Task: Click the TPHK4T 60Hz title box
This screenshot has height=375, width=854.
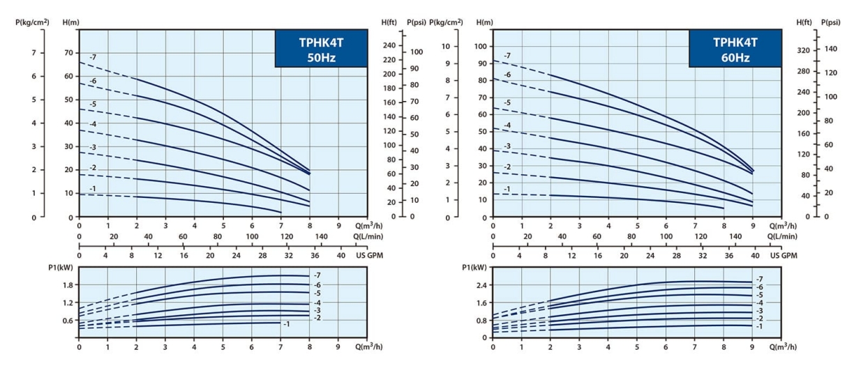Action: tap(735, 49)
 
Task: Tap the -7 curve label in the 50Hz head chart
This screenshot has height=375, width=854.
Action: tap(92, 56)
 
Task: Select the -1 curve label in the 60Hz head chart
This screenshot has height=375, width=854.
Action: tap(507, 190)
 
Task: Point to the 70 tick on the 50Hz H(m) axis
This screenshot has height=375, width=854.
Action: tap(67, 52)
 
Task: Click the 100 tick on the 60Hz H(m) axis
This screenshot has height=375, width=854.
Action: tap(480, 46)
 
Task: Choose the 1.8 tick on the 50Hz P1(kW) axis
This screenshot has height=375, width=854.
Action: tap(67, 284)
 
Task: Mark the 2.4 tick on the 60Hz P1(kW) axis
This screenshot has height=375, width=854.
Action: tap(480, 284)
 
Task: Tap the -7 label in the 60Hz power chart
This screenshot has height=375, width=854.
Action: tap(759, 280)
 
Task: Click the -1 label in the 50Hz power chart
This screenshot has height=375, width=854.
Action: tap(287, 323)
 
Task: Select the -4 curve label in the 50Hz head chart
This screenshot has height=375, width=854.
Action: tap(92, 124)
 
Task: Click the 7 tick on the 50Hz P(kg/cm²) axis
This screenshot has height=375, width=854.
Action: tap(30, 52)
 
